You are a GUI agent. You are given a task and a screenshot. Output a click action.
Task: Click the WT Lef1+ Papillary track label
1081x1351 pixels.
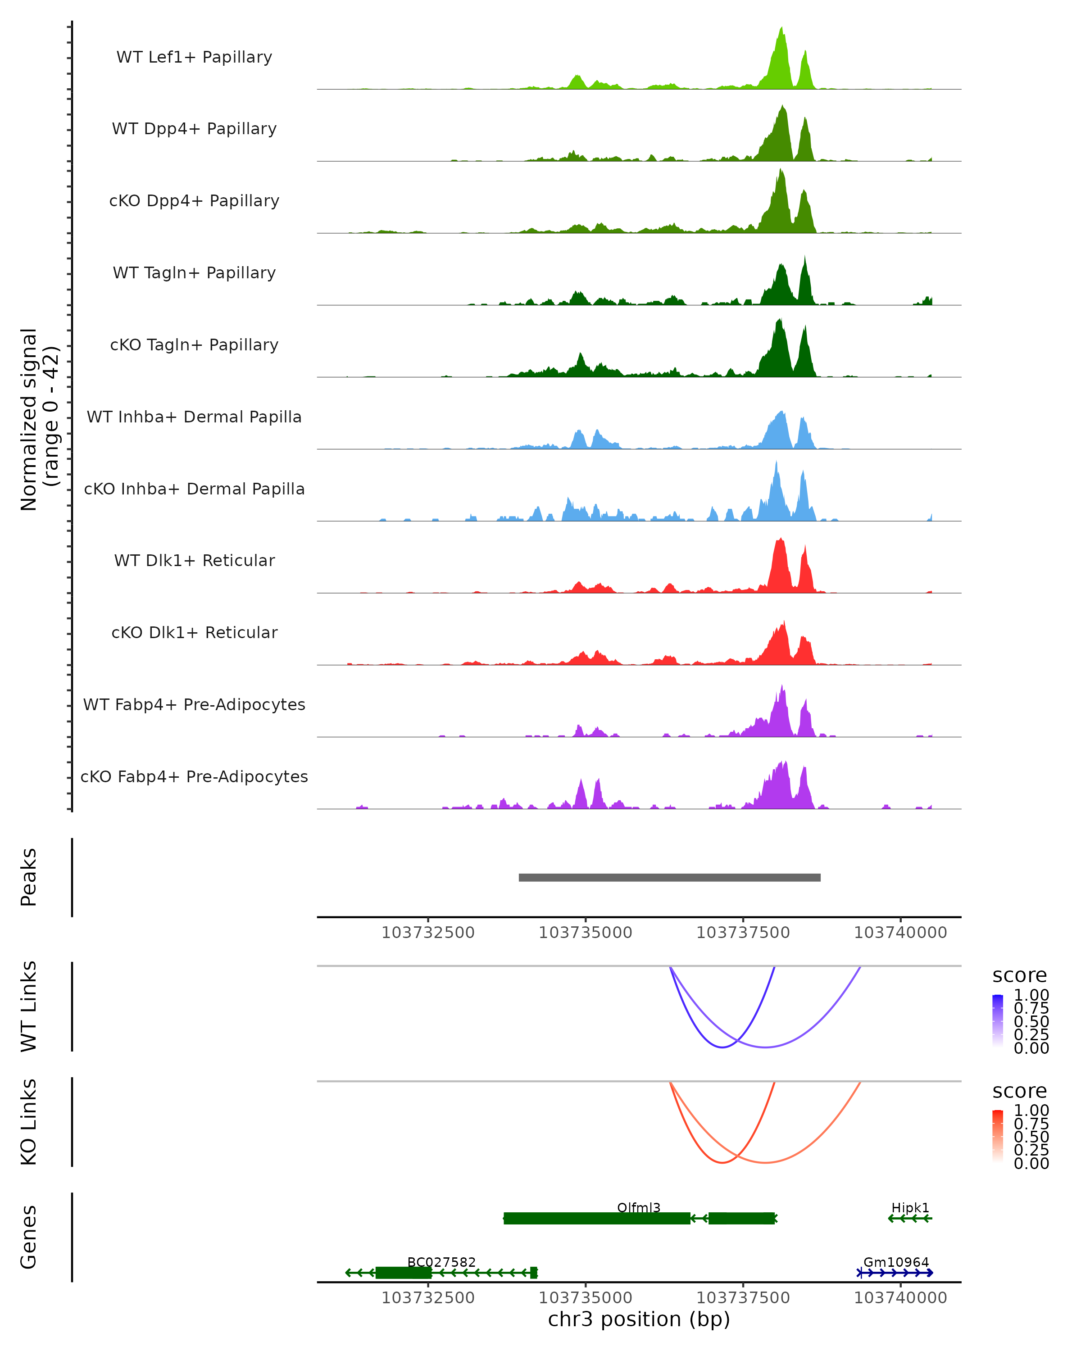pos(194,57)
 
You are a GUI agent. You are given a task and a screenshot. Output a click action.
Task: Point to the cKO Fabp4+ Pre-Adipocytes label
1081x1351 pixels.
pos(194,776)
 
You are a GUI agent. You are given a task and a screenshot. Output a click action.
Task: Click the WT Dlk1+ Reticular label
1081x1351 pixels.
pos(194,560)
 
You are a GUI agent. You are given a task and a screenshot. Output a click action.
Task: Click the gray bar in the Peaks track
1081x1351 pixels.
pos(669,877)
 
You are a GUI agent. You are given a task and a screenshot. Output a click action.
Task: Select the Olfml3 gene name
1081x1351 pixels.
pos(639,1207)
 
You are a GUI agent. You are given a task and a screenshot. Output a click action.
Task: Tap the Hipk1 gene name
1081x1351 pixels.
pos(910,1207)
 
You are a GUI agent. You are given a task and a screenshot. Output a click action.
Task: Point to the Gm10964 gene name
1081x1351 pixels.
pos(896,1262)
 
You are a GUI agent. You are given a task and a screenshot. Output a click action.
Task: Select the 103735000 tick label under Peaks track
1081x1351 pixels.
pos(585,933)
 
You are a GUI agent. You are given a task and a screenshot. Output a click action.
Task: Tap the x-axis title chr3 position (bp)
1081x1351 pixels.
pos(639,1319)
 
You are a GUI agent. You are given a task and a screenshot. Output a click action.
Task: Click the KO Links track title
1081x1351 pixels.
pos(29,1122)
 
